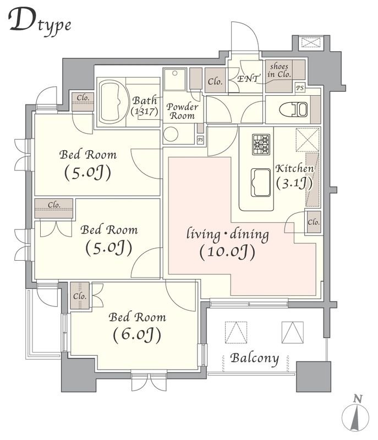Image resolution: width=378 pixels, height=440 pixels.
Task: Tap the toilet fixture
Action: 293,109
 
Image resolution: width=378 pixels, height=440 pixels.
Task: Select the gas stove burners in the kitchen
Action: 261,144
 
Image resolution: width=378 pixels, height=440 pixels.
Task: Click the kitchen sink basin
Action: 261,183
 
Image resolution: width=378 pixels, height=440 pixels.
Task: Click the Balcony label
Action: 255,359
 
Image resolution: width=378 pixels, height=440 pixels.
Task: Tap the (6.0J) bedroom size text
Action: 137,334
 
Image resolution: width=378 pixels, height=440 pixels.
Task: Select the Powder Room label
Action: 182,111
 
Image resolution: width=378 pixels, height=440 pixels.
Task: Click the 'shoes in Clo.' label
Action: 279,70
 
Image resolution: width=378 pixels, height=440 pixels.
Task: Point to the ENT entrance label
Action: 248,79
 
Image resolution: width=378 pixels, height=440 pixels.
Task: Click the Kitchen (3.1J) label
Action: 294,176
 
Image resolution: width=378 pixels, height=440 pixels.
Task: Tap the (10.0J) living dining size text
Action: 227,252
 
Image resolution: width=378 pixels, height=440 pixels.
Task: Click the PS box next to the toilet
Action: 300,88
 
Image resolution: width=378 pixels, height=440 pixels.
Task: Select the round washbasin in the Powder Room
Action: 171,134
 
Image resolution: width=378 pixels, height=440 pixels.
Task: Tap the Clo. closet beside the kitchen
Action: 314,222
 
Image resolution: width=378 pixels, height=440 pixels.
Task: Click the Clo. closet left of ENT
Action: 215,80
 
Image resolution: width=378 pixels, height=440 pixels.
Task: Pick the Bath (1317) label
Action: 145,106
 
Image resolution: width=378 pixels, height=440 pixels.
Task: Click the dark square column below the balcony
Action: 314,377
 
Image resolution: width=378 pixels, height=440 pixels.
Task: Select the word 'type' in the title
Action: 54,26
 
